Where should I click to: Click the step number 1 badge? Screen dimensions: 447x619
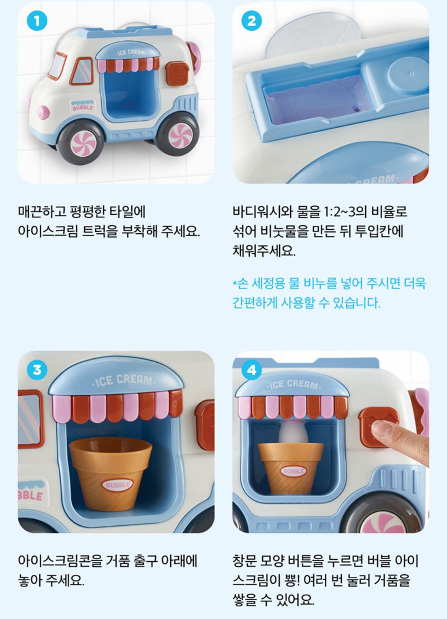click(x=37, y=21)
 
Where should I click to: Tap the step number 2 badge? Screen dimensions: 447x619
click(x=251, y=21)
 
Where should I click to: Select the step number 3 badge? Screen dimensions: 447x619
click(x=37, y=370)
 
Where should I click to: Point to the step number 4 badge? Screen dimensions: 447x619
click(x=251, y=370)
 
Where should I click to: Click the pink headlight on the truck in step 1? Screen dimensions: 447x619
click(x=44, y=113)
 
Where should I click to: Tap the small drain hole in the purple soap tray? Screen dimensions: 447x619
click(x=356, y=109)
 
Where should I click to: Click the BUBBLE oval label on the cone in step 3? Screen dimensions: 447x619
click(x=117, y=484)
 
